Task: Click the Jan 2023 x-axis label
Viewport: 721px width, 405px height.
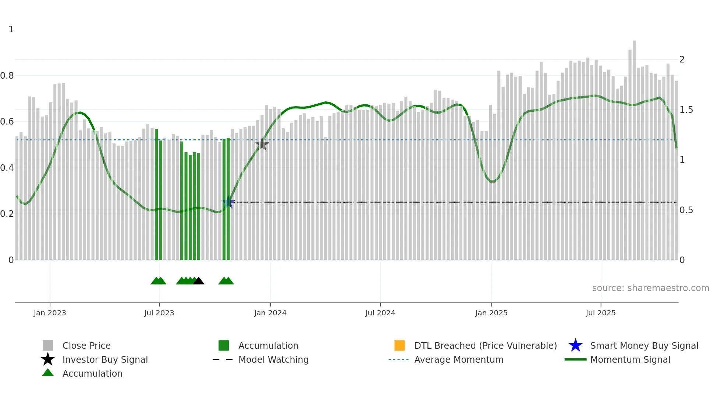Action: coord(50,313)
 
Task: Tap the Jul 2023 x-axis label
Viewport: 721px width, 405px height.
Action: coord(159,313)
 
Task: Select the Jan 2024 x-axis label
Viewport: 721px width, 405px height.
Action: coord(270,313)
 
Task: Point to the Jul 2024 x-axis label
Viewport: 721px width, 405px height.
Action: coord(380,313)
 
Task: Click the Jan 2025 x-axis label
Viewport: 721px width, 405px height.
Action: coord(491,313)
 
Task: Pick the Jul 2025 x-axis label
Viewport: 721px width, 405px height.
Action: coord(600,313)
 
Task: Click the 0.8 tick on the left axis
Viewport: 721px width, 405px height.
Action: coord(7,76)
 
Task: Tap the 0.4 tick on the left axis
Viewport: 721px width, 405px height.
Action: coord(7,168)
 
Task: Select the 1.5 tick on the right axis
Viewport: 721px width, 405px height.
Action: coord(686,110)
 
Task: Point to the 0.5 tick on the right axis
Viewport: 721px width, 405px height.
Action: coord(686,210)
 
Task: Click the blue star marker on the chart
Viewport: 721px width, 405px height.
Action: coord(228,202)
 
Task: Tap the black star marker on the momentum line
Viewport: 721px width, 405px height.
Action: coord(262,144)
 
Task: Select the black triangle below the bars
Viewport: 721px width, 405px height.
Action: coord(199,281)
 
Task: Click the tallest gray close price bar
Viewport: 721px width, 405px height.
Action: coord(634,147)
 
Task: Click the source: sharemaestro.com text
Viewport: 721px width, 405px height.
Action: coord(650,288)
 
